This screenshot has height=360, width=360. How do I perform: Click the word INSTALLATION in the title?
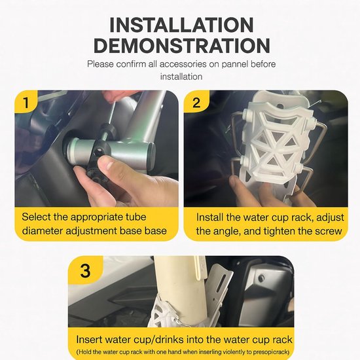[181, 25]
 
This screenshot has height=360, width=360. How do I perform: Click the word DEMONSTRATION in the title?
[181, 45]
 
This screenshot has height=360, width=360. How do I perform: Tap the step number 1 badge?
[26, 102]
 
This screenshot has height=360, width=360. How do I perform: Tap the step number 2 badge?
[196, 102]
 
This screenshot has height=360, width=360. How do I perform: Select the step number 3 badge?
[85, 270]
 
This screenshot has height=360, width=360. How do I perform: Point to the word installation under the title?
[181, 77]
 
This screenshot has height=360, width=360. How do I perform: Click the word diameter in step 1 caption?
[43, 231]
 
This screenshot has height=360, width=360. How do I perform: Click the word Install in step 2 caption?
[209, 217]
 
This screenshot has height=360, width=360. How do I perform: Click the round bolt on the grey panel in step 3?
[261, 278]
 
